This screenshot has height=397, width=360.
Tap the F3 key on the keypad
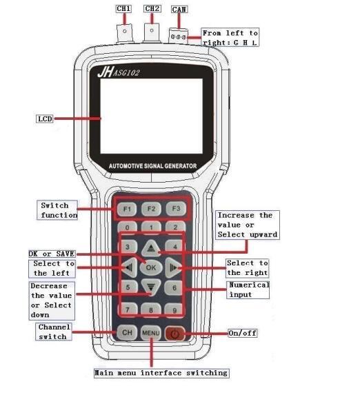[176, 209]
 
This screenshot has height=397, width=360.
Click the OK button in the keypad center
[151, 267]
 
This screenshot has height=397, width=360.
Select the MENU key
[151, 333]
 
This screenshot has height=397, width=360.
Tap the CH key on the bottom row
[127, 332]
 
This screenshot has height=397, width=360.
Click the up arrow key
[151, 248]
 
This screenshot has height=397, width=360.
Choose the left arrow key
[130, 267]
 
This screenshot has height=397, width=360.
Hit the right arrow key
[173, 267]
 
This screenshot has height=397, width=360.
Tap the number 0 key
[127, 227]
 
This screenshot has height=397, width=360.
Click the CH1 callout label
[123, 9]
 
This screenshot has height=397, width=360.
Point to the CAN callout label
[179, 10]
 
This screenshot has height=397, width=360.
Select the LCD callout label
[45, 119]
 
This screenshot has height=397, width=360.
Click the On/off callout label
[243, 333]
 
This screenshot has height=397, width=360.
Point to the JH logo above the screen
[105, 72]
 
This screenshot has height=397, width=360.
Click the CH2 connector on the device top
[152, 32]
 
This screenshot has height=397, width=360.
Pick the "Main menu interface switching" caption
[161, 373]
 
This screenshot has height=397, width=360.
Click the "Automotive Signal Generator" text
[153, 166]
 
